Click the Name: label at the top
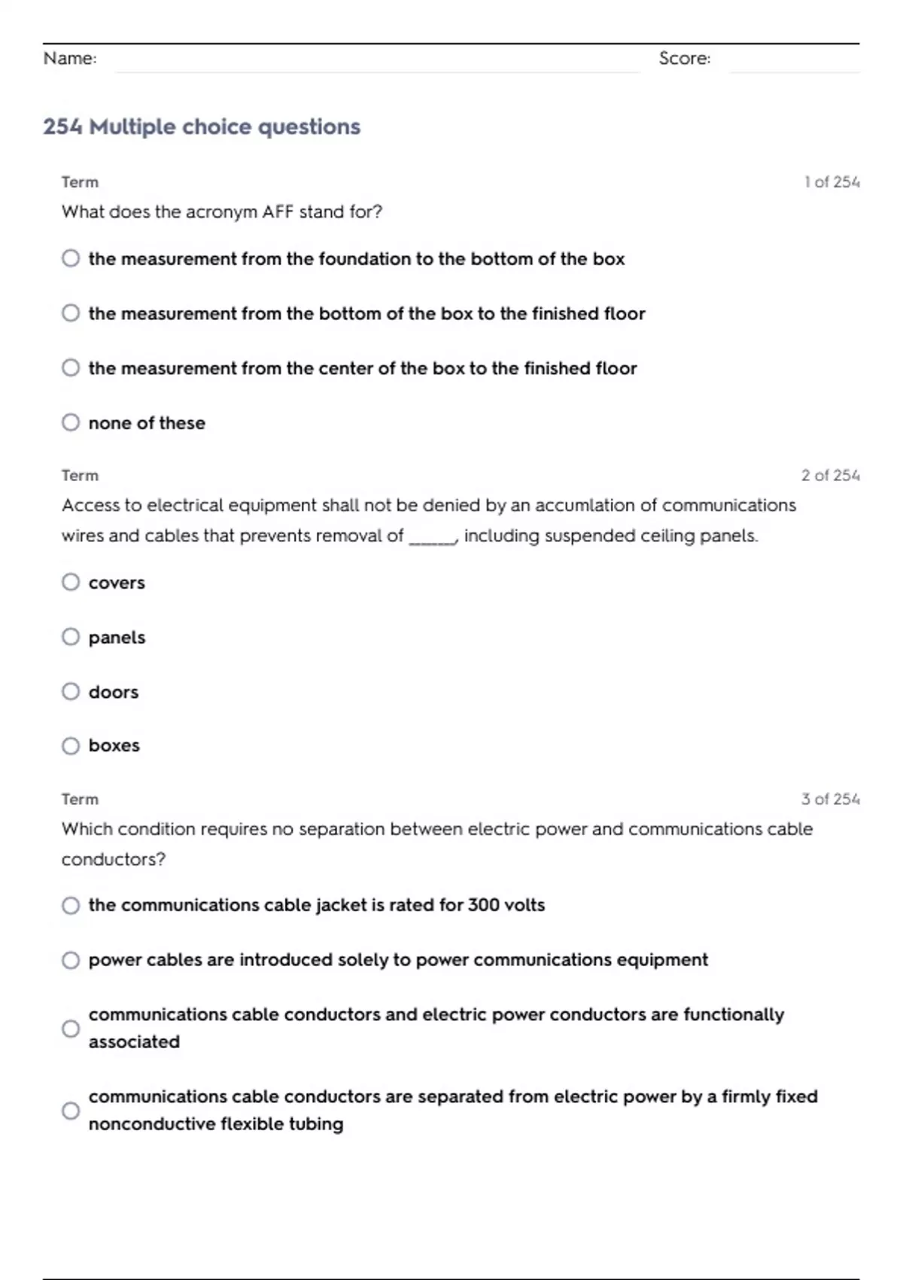tap(70, 59)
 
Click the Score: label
tap(684, 59)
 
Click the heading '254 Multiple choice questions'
tap(202, 126)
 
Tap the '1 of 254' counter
tap(832, 182)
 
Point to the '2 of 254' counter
tap(830, 476)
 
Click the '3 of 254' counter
tap(830, 800)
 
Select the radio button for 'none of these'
tap(71, 422)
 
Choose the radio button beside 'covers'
tap(71, 582)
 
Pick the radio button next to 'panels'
tap(71, 637)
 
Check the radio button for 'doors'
tap(71, 691)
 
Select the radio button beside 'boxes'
tap(71, 745)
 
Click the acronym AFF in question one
tap(278, 212)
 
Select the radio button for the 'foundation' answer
tap(71, 258)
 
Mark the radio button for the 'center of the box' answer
tap(71, 367)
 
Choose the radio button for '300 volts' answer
tap(71, 905)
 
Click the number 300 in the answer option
tap(482, 905)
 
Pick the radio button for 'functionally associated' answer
tap(71, 1029)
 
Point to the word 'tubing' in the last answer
tap(317, 1124)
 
